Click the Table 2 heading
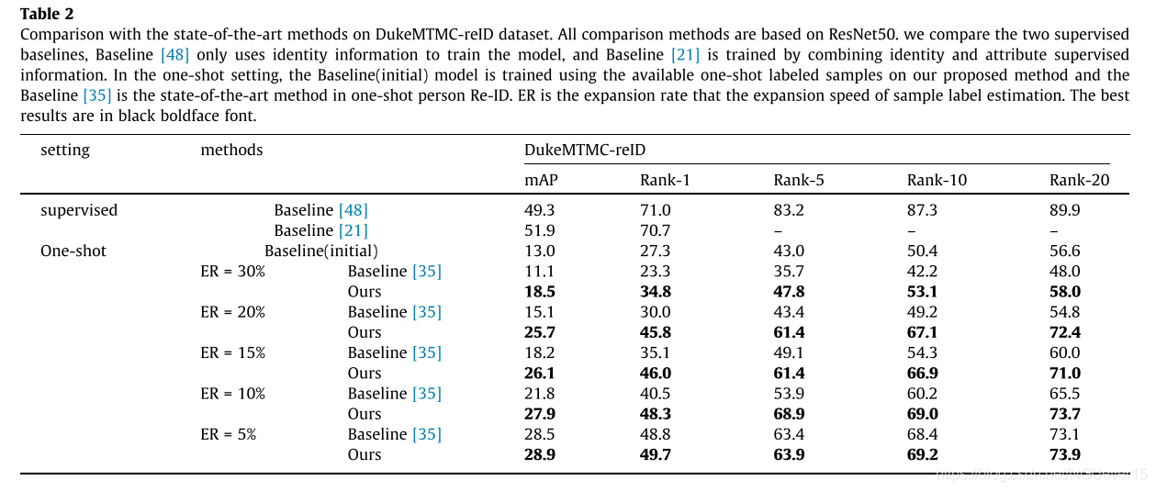(x=47, y=14)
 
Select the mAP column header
(x=541, y=180)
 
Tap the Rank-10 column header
(x=937, y=180)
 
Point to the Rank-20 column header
(x=1079, y=180)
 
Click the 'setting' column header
(x=65, y=151)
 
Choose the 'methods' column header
(x=231, y=150)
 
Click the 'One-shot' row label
(x=73, y=251)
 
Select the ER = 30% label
(x=232, y=272)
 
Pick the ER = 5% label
(x=228, y=434)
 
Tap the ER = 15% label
(x=232, y=352)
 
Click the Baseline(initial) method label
(x=321, y=251)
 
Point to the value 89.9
(x=1065, y=210)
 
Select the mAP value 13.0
(x=540, y=251)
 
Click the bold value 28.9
(x=540, y=455)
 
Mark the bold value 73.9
(x=1065, y=455)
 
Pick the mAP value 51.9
(x=540, y=230)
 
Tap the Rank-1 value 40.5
(x=656, y=394)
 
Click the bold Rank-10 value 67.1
(x=923, y=332)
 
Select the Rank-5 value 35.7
(x=789, y=272)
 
